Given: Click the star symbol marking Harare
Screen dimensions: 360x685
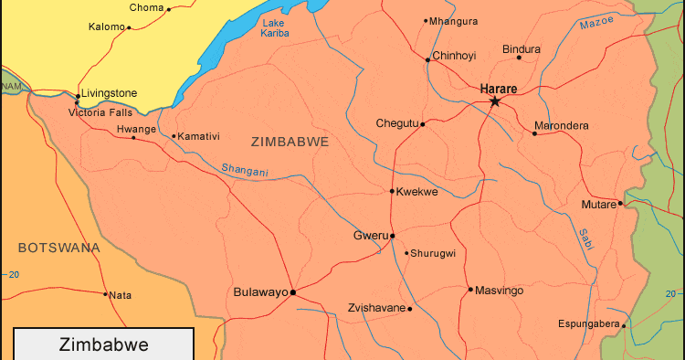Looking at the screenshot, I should [x=495, y=101].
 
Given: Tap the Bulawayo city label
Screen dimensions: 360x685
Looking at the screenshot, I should [x=260, y=292].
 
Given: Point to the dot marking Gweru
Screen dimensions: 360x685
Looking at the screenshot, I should [x=393, y=236].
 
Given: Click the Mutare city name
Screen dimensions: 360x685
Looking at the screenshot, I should [x=598, y=205].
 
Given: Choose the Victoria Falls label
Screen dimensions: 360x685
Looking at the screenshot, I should [x=100, y=112].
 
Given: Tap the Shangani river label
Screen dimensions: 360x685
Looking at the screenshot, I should [x=245, y=169].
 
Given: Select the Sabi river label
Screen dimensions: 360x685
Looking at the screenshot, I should [x=585, y=239].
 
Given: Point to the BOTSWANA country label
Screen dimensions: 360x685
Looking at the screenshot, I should [x=58, y=248].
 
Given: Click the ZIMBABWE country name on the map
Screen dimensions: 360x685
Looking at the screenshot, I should [x=289, y=142].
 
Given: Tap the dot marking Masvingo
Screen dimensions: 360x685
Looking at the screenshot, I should [x=470, y=290].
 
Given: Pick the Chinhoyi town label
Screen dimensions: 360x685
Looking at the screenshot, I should [x=454, y=56].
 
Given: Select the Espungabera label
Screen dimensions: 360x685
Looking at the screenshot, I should [x=588, y=324].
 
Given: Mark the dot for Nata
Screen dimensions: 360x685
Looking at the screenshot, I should [x=105, y=294].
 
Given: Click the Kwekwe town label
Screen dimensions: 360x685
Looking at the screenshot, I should [x=417, y=192].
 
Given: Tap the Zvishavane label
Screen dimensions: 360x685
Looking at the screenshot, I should [x=376, y=308].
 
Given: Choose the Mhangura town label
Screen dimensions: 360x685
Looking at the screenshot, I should [x=453, y=20].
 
